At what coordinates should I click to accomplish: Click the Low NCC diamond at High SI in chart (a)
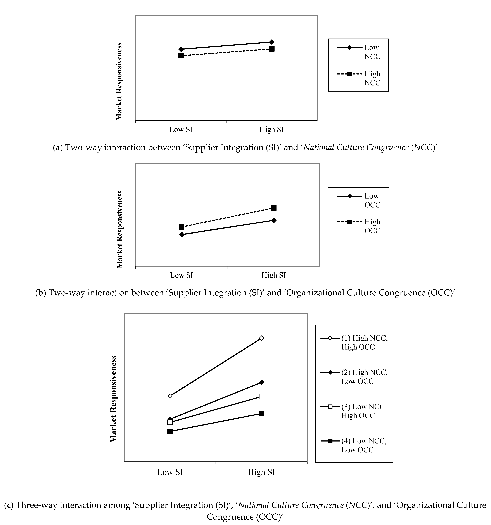272,42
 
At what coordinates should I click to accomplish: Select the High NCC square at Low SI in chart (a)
181,56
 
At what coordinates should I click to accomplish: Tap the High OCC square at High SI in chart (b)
274,208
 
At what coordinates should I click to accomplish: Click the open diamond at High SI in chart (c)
262,338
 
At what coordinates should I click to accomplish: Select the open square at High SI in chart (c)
262,396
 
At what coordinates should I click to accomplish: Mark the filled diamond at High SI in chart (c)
262,382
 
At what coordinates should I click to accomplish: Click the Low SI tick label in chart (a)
181,129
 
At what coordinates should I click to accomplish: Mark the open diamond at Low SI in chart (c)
170,396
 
